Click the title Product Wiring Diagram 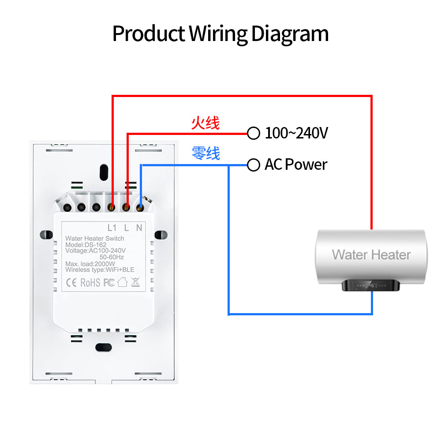(220, 34)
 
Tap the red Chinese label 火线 (205, 123)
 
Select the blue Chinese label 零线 (206, 153)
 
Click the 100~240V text (296, 133)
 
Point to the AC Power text (296, 164)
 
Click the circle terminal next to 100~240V (253, 133)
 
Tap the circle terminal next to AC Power (253, 165)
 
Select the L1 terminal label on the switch (112, 228)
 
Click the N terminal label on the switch (139, 228)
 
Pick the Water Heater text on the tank (371, 254)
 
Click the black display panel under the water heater (371, 285)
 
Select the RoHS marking (90, 282)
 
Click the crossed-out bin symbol (135, 282)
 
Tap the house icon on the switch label (122, 282)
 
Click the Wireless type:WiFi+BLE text (100, 270)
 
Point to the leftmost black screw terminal (68, 207)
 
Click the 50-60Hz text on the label (112, 257)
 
